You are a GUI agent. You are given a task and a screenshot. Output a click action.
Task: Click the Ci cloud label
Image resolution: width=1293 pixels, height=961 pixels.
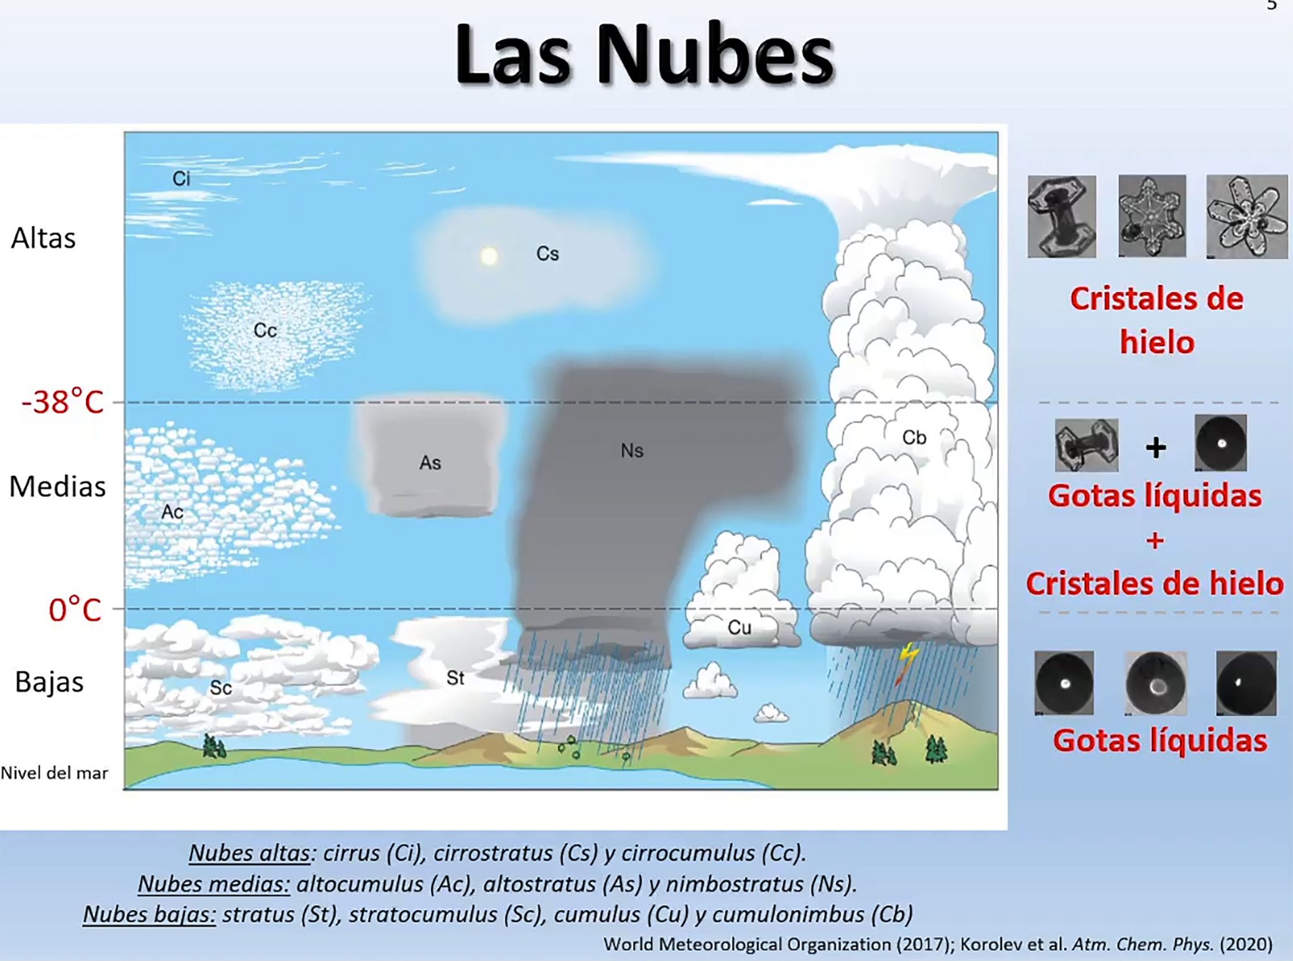tap(181, 179)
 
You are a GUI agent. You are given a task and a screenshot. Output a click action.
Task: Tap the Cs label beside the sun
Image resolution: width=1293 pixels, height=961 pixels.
tap(547, 254)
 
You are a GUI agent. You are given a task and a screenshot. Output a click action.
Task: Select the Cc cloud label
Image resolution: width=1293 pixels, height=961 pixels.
tap(265, 330)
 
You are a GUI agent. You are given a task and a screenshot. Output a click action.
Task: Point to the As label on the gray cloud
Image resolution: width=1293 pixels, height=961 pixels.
tap(430, 463)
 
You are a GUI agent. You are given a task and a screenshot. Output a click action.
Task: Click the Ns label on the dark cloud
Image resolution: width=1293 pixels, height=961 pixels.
tap(632, 451)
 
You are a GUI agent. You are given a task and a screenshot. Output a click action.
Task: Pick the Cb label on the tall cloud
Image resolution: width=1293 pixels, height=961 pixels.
tap(914, 438)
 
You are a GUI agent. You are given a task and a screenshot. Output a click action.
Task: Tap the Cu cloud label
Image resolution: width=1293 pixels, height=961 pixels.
tap(739, 628)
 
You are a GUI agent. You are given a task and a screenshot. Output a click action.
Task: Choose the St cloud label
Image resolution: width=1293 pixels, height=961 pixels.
tap(455, 678)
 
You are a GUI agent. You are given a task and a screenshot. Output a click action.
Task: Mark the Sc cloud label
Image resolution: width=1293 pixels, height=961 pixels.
tap(221, 688)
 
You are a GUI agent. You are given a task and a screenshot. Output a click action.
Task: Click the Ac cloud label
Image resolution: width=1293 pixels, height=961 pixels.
tap(172, 511)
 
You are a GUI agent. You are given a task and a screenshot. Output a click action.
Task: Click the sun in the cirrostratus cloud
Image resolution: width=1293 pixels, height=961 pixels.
tap(489, 256)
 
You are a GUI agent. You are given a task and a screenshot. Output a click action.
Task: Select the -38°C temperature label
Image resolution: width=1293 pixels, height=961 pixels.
tap(63, 402)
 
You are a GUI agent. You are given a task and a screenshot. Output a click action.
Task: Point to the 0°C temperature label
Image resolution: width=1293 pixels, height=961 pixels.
tap(75, 610)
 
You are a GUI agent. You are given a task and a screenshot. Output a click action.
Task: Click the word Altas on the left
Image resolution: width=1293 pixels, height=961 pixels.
tap(43, 239)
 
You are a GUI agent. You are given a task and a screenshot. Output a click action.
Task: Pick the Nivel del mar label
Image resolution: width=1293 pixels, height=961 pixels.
tap(54, 773)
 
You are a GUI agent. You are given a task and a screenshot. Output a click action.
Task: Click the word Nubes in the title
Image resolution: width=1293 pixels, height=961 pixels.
tap(716, 55)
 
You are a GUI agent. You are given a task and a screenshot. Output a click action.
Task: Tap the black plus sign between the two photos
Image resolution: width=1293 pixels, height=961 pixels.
tap(1156, 448)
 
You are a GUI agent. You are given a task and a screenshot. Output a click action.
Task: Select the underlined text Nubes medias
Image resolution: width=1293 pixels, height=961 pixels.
tap(214, 884)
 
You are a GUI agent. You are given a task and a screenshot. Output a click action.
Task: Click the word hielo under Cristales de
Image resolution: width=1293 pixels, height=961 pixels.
tap(1157, 342)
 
